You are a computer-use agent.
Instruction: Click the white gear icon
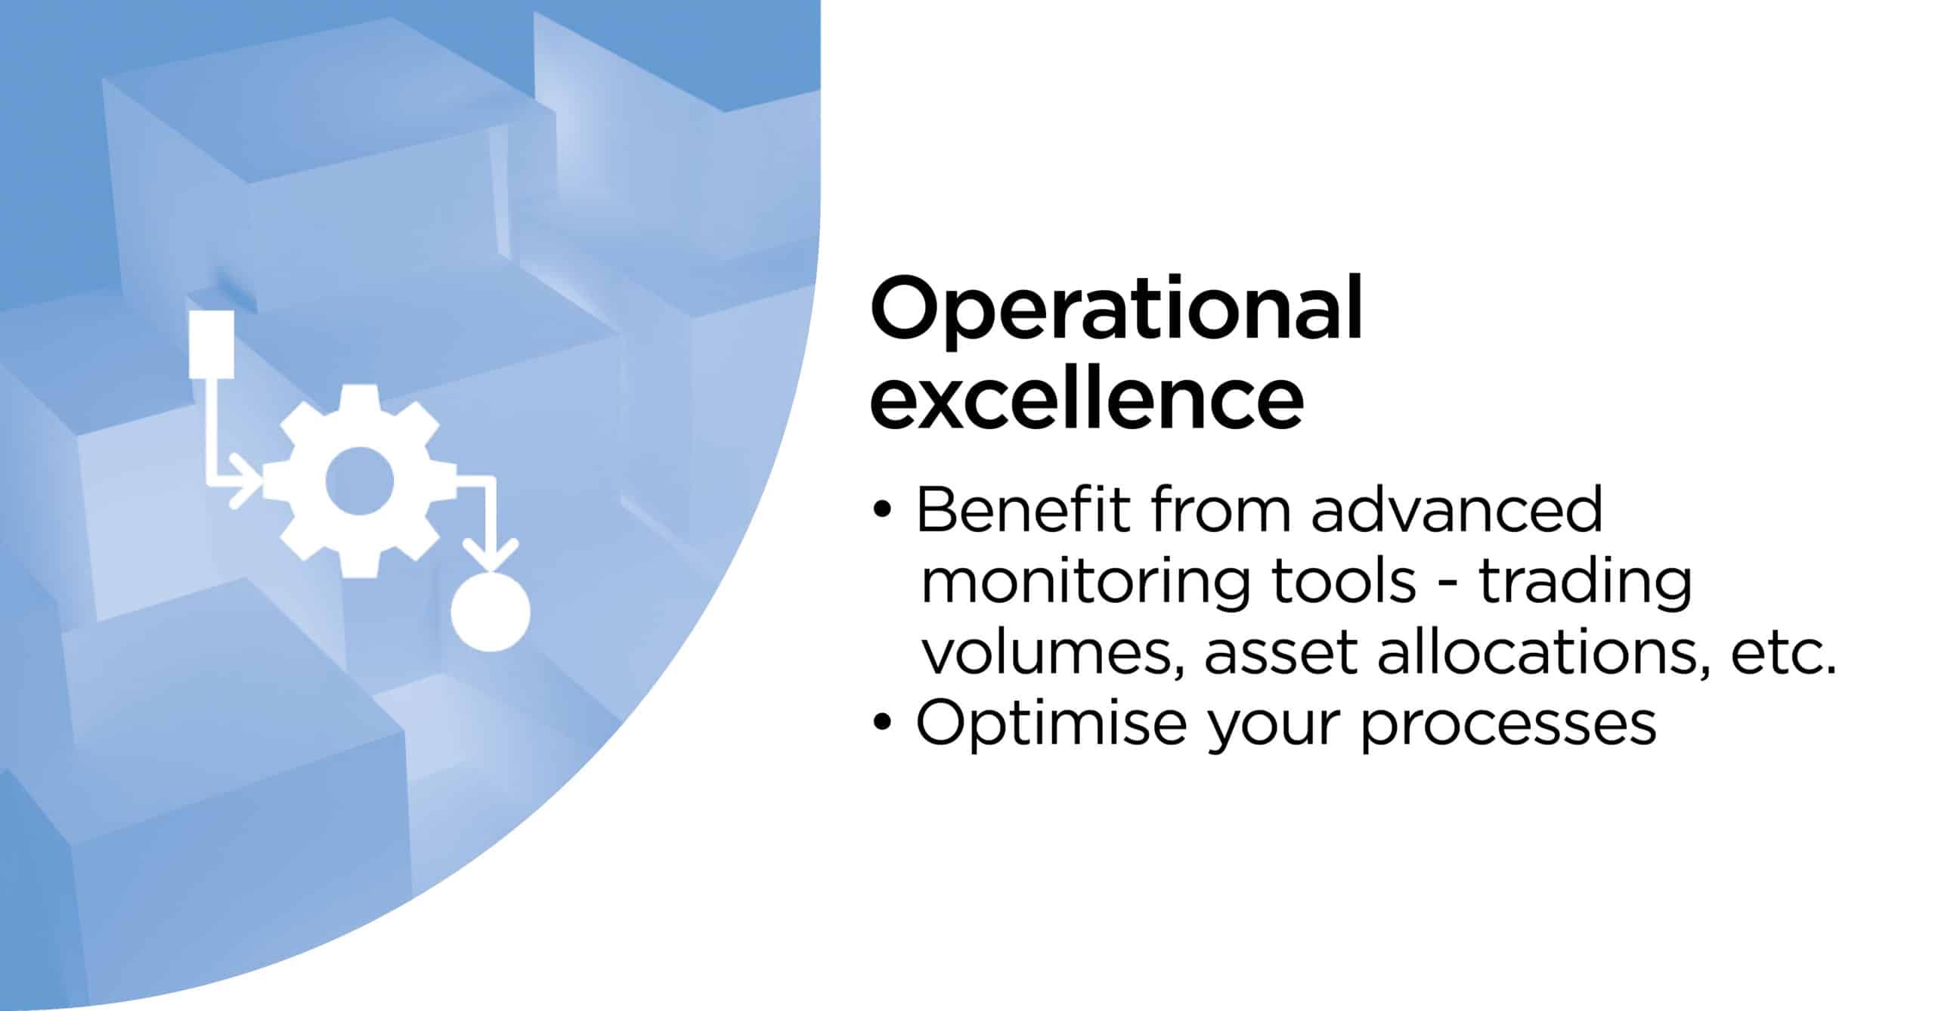click(360, 481)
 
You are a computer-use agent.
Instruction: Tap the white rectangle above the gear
click(211, 345)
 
